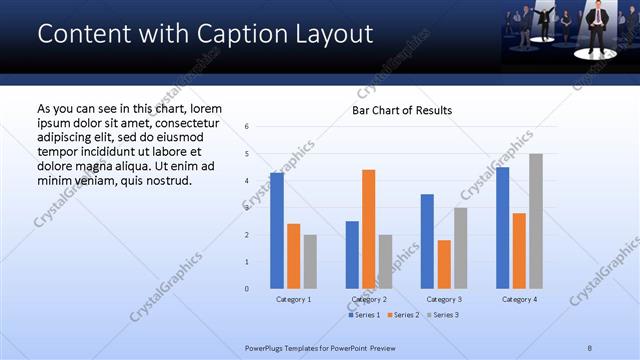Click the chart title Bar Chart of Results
point(401,110)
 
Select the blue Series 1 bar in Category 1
point(277,230)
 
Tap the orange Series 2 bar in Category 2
point(369,229)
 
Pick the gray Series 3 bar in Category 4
point(536,221)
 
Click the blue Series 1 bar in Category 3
point(427,241)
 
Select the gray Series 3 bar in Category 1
point(310,261)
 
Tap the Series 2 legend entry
point(403,315)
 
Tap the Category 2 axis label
point(369,299)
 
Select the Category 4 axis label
point(519,299)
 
